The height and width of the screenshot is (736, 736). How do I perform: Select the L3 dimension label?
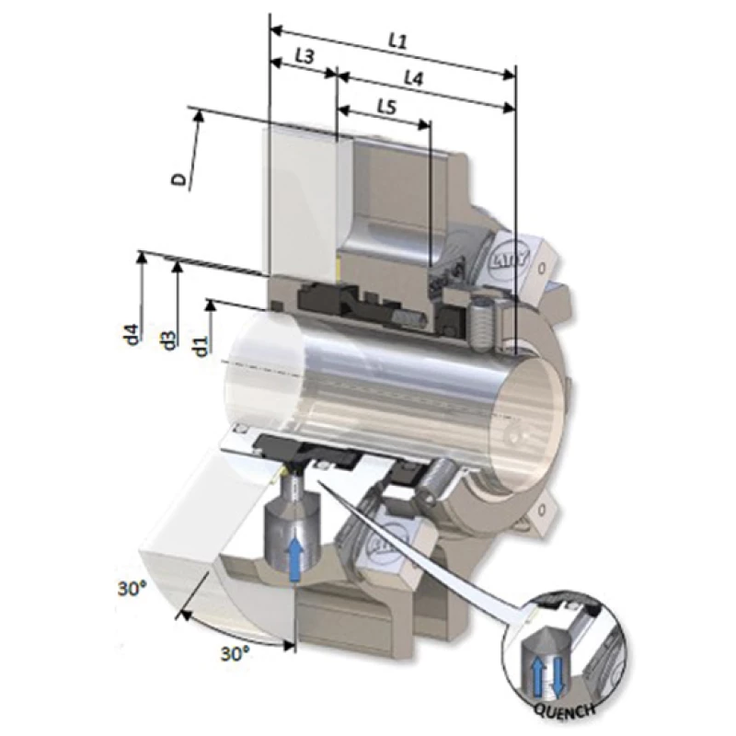click(x=304, y=56)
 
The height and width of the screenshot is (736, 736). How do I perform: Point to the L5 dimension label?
click(x=386, y=108)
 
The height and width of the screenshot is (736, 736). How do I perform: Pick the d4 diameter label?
click(x=132, y=333)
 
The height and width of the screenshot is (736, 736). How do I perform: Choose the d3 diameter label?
click(x=167, y=339)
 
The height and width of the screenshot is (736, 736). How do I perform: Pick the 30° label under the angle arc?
click(x=234, y=653)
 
